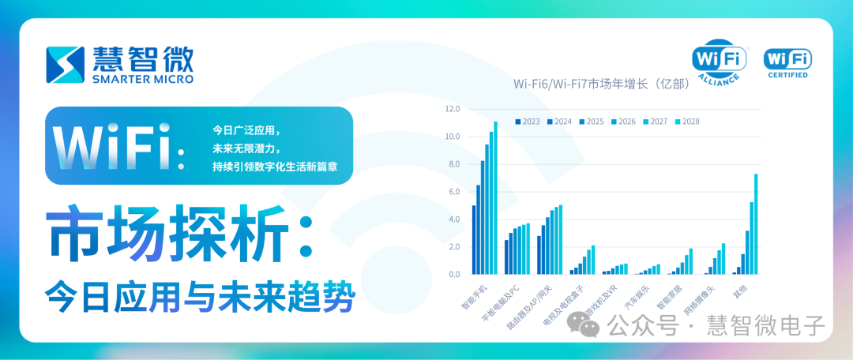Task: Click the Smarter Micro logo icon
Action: [66, 65]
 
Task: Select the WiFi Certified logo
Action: [787, 62]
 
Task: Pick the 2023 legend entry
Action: [528, 122]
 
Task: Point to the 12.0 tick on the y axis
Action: [453, 109]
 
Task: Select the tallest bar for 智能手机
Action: [495, 198]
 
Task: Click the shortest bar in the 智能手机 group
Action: [474, 240]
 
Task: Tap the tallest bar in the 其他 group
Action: [756, 224]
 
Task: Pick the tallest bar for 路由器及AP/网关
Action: [561, 240]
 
